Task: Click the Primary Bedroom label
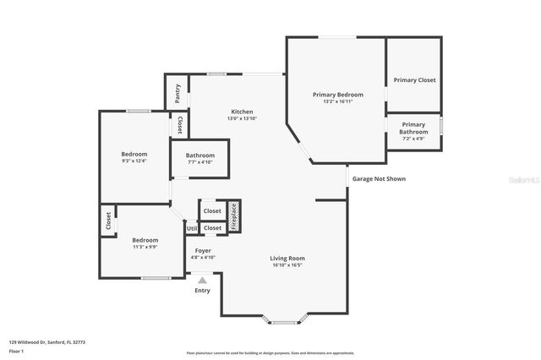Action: click(x=337, y=95)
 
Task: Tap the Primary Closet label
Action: click(x=414, y=80)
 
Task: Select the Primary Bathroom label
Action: click(x=414, y=128)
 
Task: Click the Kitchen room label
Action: click(x=242, y=112)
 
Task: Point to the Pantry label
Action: click(x=178, y=93)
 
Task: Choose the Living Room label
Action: click(x=287, y=258)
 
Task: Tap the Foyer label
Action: click(x=203, y=251)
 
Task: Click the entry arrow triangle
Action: click(x=202, y=280)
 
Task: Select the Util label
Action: click(x=192, y=228)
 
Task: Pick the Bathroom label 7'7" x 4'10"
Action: click(x=200, y=155)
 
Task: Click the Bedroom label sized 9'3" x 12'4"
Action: click(x=134, y=154)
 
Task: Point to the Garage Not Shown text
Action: click(x=379, y=179)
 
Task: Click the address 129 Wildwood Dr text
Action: click(x=47, y=342)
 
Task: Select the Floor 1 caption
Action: click(x=16, y=351)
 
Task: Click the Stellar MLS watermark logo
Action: click(x=525, y=180)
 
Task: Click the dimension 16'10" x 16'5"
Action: click(x=287, y=265)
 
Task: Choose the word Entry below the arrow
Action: click(x=202, y=291)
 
